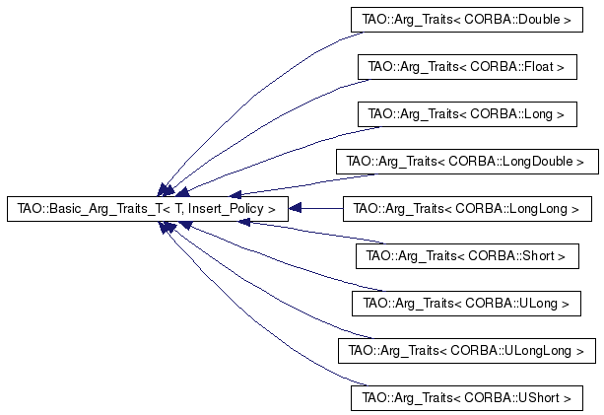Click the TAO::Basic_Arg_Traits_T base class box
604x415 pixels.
pos(148,209)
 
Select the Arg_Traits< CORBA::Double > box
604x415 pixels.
pos(466,20)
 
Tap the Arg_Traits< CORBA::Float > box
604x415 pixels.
pos(467,67)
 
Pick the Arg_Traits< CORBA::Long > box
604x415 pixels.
pos(467,114)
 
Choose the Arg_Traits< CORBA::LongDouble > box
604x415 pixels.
pos(467,162)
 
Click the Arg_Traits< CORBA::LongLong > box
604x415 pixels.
pos(467,209)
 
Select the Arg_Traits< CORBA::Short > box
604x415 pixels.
pos(467,256)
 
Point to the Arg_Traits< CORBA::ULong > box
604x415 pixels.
pos(466,304)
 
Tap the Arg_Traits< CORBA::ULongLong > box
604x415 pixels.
pos(467,351)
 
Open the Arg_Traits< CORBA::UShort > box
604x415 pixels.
pos(466,398)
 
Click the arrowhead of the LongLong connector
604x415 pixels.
pos(295,208)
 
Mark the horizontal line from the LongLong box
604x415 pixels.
pos(322,208)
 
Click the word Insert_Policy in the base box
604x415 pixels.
pos(226,209)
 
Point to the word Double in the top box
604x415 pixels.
pos(539,20)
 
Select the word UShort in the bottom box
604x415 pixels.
pos(539,397)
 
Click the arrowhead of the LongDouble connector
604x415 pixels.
pos(235,194)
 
